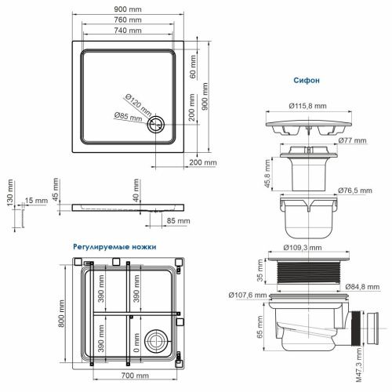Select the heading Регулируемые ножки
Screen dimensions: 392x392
coord(114,246)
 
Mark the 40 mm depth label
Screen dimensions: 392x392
coord(136,194)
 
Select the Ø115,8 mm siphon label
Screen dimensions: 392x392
coord(308,104)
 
